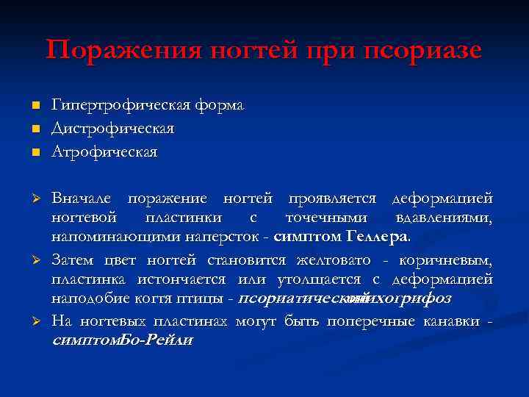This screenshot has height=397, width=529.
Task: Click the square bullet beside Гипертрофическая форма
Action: click(x=35, y=107)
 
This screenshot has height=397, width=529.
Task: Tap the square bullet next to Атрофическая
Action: click(x=35, y=153)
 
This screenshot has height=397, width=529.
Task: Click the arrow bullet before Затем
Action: click(x=35, y=260)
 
